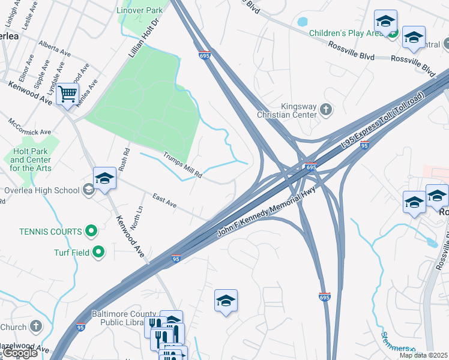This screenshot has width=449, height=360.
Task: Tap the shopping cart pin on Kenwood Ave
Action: [67, 94]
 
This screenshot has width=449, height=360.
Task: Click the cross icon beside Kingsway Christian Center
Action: [325, 109]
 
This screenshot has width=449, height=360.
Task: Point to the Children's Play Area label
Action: [346, 33]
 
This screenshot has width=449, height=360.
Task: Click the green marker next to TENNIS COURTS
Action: [91, 230]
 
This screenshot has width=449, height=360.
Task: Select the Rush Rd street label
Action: [124, 160]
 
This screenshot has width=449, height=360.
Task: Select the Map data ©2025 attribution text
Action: [423, 355]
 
